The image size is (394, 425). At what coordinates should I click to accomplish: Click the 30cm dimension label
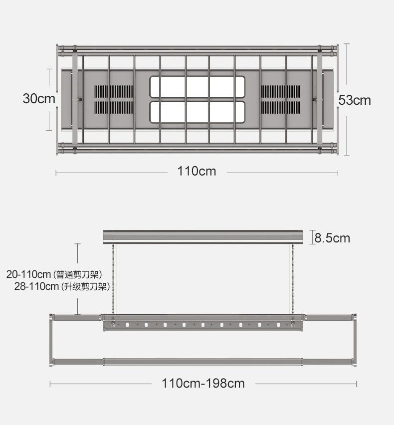tap(39, 98)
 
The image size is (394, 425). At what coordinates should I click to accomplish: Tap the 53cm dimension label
tap(355, 100)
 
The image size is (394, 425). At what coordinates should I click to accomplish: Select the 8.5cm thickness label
tap(332, 238)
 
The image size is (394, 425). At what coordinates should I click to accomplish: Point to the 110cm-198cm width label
tap(203, 383)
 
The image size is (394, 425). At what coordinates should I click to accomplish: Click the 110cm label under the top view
tap(197, 171)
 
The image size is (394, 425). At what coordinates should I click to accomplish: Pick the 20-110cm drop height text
tap(28, 274)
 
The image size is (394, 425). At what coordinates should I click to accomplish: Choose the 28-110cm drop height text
tap(36, 286)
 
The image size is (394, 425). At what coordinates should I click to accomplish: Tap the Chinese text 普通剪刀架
tap(77, 274)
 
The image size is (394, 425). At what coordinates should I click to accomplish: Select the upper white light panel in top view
tap(197, 87)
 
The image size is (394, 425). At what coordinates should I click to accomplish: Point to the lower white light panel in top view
tap(197, 112)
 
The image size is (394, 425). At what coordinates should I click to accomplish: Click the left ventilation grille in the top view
tap(114, 99)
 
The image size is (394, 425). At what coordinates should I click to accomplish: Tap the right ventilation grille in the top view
tap(281, 99)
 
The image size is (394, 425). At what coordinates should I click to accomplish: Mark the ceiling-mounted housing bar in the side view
tap(203, 237)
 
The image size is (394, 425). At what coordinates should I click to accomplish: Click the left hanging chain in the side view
tap(113, 279)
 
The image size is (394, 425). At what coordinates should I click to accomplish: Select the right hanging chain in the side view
tap(292, 279)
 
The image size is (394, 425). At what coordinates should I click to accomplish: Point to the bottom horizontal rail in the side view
tap(203, 362)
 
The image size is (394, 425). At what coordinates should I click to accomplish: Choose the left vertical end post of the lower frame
tap(51, 340)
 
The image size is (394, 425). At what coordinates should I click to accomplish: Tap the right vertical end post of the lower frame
tap(355, 340)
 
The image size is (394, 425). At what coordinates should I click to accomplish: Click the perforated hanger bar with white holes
tap(203, 325)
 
